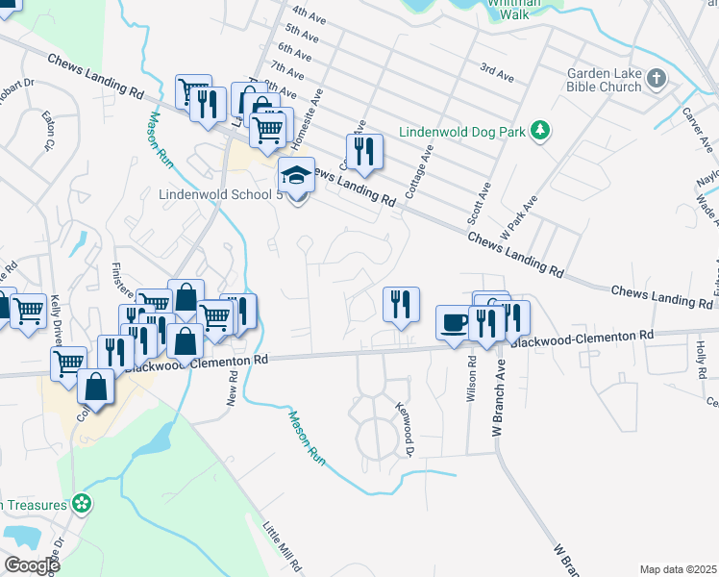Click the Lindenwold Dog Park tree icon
click(x=541, y=130)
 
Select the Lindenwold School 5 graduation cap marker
click(x=297, y=178)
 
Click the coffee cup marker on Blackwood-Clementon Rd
click(x=454, y=323)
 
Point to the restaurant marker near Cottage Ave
click(x=364, y=152)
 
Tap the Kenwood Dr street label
click(x=405, y=429)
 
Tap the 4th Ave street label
click(x=309, y=13)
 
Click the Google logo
click(x=31, y=565)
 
